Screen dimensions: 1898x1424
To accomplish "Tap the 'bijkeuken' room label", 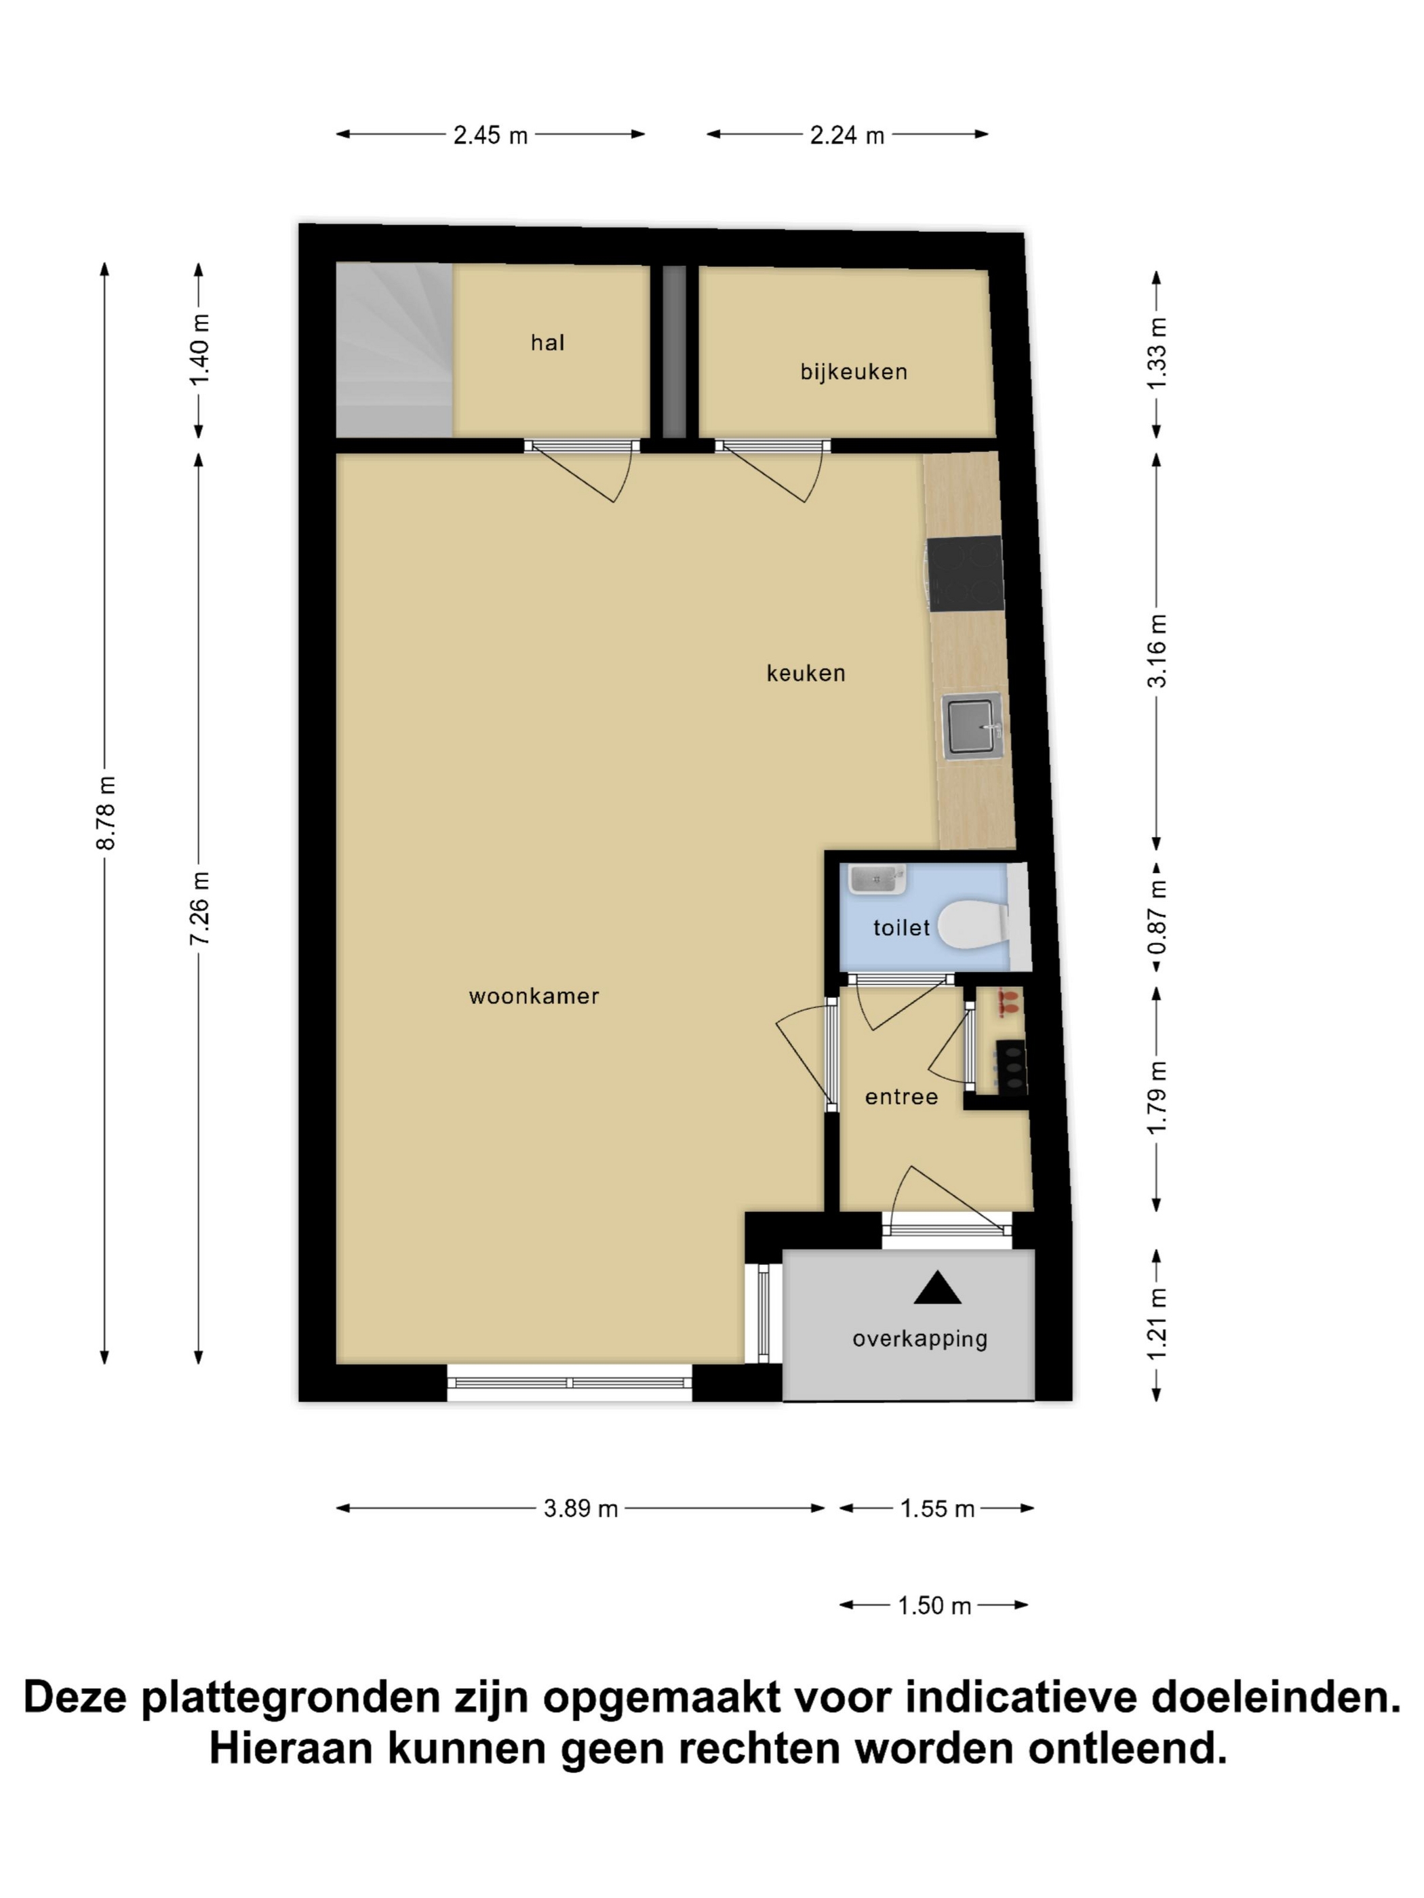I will click(x=853, y=371).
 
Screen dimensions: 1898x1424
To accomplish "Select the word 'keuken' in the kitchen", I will click(x=805, y=672).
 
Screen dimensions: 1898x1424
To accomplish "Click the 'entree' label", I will click(x=901, y=1097).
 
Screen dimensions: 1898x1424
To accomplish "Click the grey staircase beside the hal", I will click(x=393, y=349).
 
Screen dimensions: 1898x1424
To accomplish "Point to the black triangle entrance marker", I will click(x=936, y=1288).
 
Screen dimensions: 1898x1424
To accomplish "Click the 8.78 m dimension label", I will click(x=106, y=811).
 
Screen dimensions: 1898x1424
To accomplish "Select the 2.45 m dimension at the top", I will click(x=490, y=135).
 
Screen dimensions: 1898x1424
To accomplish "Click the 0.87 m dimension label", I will click(x=1157, y=917).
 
